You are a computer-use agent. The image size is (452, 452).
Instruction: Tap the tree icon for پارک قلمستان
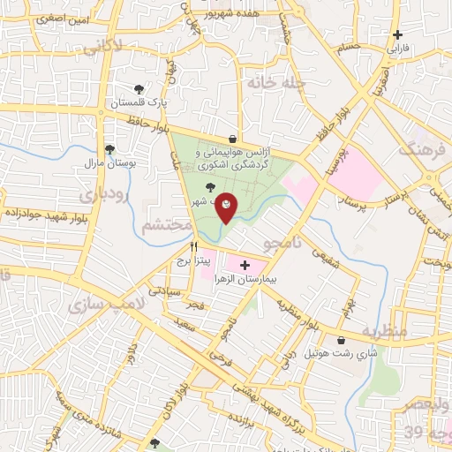click(x=139, y=88)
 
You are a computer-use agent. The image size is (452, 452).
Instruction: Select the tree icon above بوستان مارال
click(x=109, y=150)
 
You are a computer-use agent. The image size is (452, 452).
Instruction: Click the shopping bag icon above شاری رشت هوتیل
click(x=341, y=339)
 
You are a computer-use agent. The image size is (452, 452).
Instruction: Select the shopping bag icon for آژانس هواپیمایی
click(x=232, y=139)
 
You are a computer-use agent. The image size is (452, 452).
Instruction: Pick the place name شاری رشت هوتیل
click(x=329, y=352)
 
